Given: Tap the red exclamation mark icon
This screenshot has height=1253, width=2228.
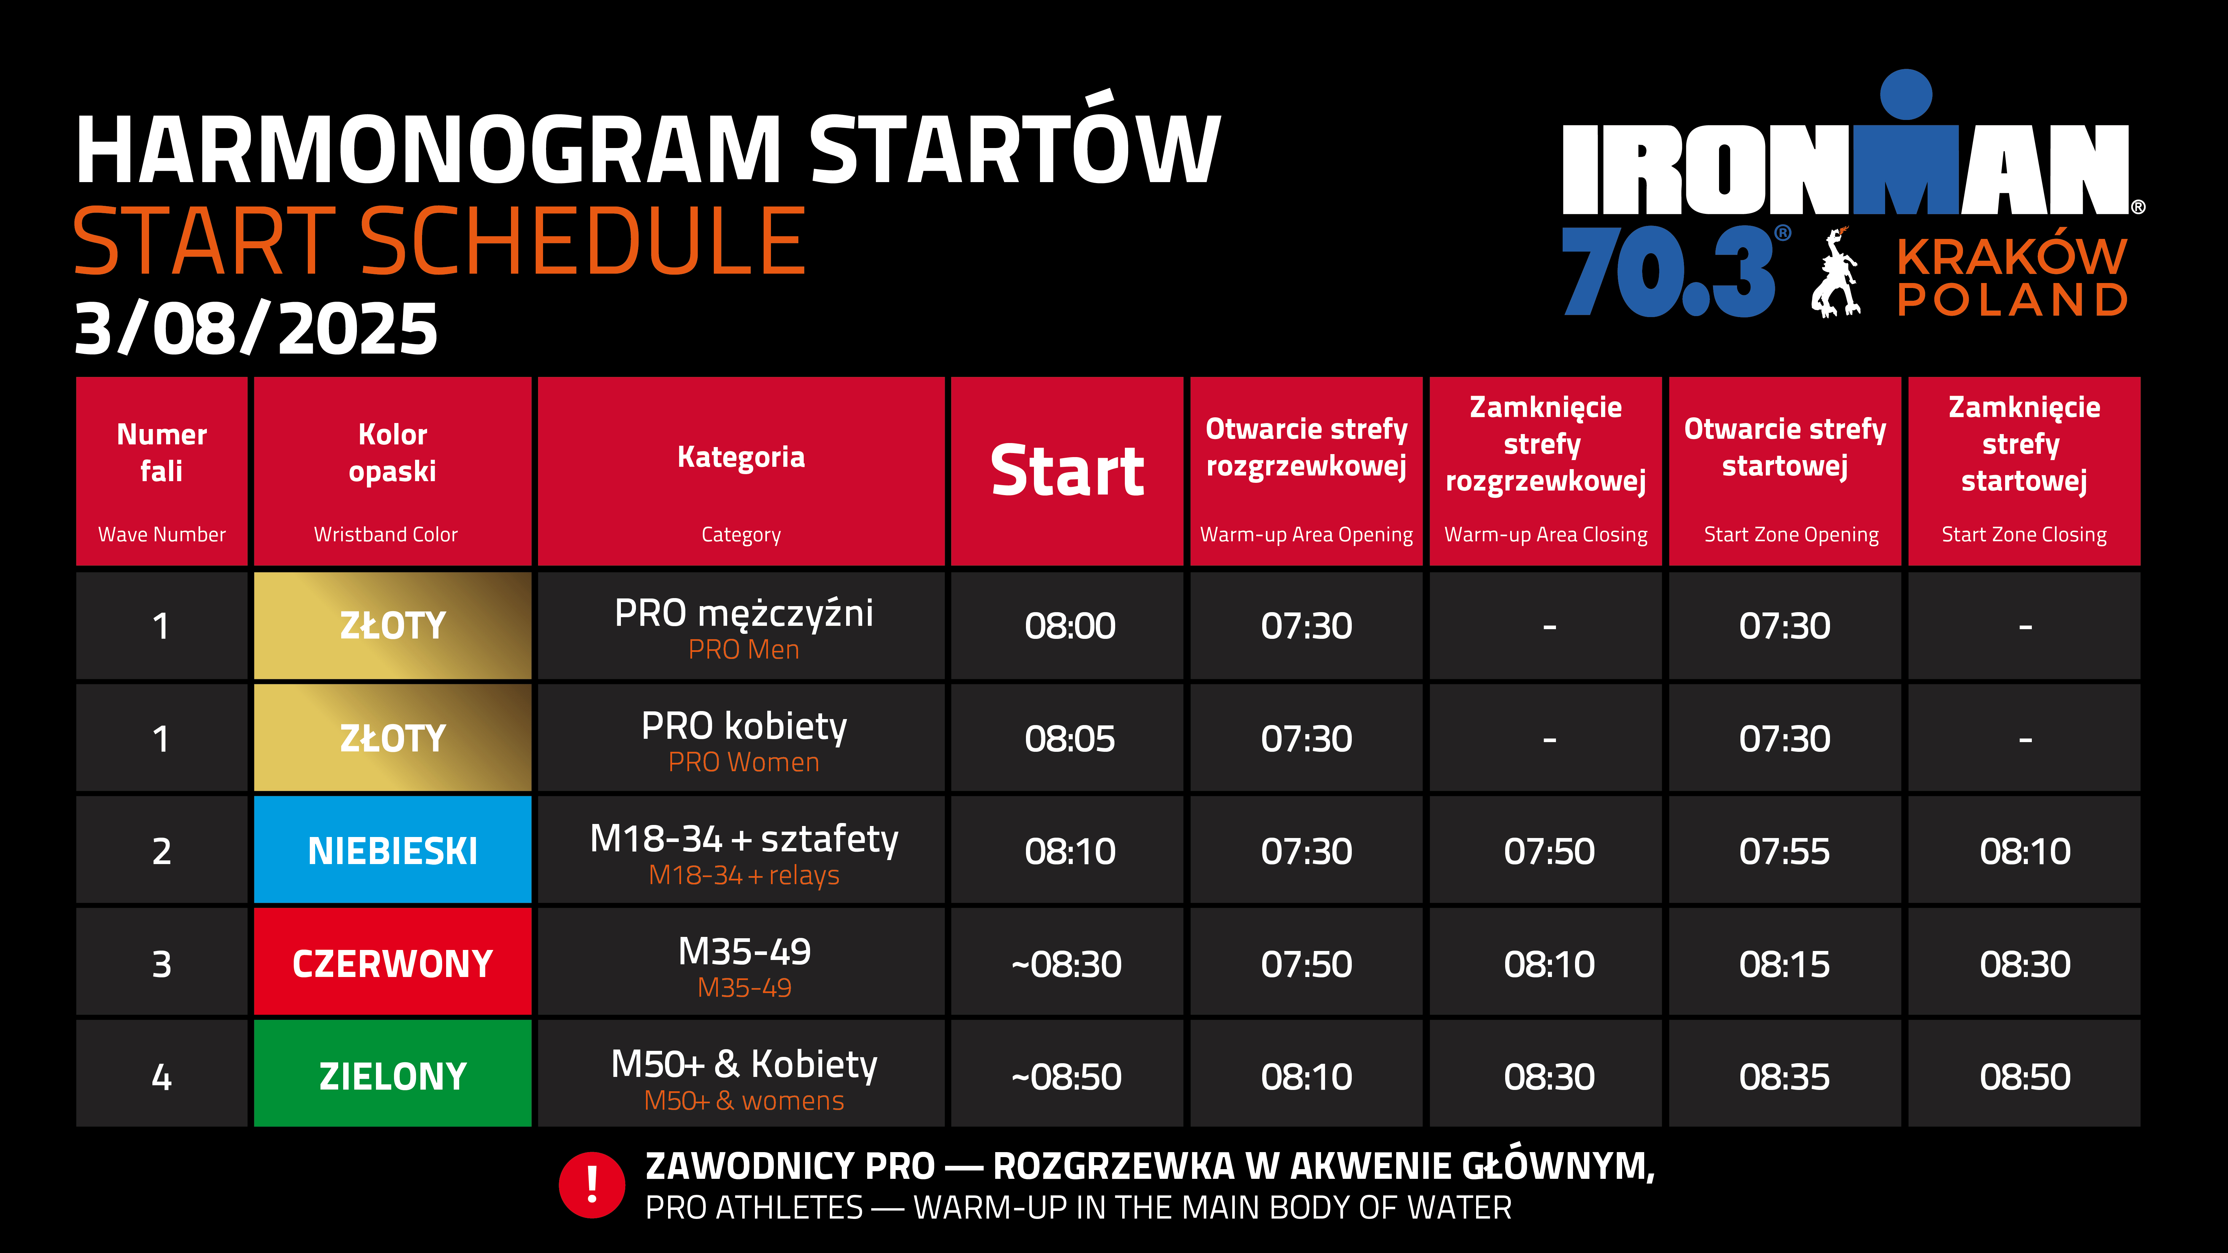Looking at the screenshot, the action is pos(592,1185).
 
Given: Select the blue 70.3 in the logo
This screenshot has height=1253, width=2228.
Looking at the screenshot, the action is pos(1669,271).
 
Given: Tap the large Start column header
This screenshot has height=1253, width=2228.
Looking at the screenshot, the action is pos(1067,471).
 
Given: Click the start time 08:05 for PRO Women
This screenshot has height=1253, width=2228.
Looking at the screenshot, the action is pos(1070,738).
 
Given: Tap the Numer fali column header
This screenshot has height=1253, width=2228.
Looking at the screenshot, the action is pos(162,471).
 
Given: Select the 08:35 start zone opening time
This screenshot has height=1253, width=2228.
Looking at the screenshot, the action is pos(1784,1077).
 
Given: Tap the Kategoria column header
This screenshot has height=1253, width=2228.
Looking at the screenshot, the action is pos(741,471).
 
